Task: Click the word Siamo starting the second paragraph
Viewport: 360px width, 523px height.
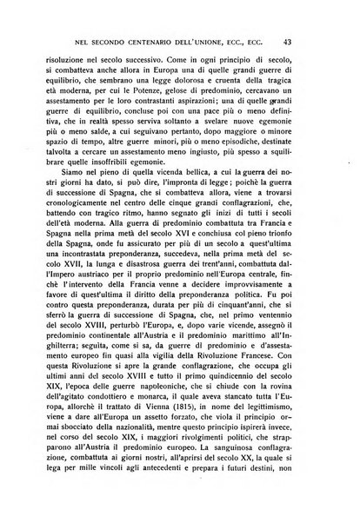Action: pos(77,208)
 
